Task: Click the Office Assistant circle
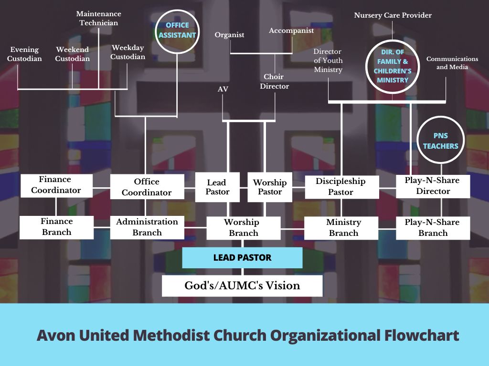(x=177, y=30)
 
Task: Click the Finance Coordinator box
(x=56, y=185)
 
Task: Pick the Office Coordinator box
(x=147, y=187)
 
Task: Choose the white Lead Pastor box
(x=218, y=187)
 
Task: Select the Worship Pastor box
(x=270, y=187)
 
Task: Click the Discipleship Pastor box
(x=341, y=187)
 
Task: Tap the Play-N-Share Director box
(x=433, y=186)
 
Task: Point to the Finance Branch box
(x=56, y=227)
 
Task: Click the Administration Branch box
(x=147, y=227)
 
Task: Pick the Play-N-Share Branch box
(x=433, y=228)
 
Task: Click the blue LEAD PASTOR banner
(x=242, y=258)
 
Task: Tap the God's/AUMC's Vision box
(x=242, y=285)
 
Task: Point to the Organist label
(x=229, y=35)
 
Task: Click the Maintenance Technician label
(x=99, y=18)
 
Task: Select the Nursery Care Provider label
(x=393, y=16)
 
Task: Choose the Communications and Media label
(x=452, y=63)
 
